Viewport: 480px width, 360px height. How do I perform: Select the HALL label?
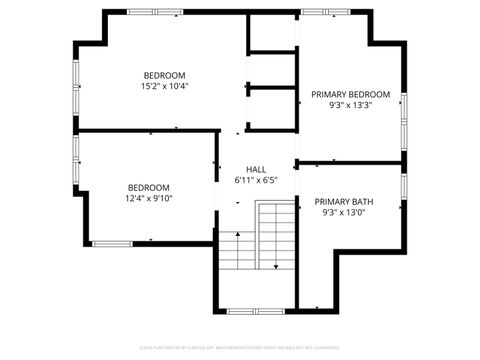tap(256, 170)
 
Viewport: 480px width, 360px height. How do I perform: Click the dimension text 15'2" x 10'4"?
tap(166, 87)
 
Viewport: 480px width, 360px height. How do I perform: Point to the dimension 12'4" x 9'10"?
tap(149, 198)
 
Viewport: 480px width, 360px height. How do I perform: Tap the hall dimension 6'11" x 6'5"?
tap(256, 181)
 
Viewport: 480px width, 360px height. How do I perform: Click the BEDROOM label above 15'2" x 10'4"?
tap(165, 76)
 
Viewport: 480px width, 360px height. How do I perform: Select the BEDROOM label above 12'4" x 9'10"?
tap(148, 187)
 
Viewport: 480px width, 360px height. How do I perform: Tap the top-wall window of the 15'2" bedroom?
tap(154, 12)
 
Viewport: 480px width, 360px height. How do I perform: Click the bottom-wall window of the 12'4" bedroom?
tap(120, 243)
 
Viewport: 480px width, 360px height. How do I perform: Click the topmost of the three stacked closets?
tap(272, 33)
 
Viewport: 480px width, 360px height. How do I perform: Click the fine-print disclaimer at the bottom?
tap(240, 347)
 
